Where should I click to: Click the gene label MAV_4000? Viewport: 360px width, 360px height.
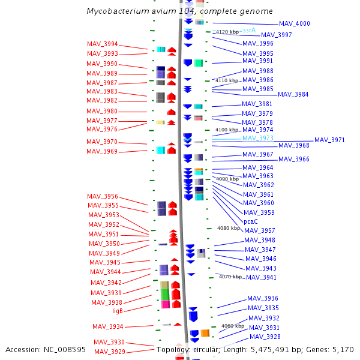pos(295,23)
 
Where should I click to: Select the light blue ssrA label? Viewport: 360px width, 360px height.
pos(250,30)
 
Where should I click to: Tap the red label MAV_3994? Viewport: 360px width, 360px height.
pos(103,44)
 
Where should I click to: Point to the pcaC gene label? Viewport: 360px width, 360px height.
pos(250,221)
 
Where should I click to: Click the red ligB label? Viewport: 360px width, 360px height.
pos(118,311)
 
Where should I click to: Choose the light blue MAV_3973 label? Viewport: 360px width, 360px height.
pos(258,138)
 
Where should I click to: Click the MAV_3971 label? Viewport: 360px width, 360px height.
pos(329,140)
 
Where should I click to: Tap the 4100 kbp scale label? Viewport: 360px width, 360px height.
pos(227,130)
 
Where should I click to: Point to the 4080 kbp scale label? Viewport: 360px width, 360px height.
pos(229,228)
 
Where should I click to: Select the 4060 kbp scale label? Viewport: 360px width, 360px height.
pos(233,326)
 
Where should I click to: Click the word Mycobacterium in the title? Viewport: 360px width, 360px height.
pos(118,11)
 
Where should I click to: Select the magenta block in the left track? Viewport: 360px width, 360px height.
pos(166,304)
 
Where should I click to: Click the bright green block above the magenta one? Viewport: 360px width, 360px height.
pos(165,295)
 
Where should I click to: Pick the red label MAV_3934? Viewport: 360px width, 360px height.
pos(108,326)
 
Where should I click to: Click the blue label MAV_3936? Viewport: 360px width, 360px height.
pos(263,298)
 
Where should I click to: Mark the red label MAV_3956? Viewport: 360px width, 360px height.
pos(103,196)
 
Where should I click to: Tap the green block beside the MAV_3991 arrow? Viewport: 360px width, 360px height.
pos(199,63)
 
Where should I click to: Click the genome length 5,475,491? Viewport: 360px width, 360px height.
pos(269,350)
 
